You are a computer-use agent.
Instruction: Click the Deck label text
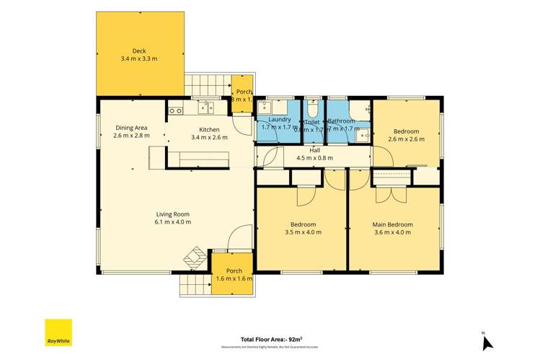(139, 51)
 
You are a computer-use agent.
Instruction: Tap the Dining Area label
(131, 128)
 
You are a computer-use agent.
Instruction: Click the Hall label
(314, 150)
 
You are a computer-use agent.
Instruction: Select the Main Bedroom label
(392, 224)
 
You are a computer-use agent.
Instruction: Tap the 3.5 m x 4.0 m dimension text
(303, 233)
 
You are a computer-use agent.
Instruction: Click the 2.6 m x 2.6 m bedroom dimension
(405, 139)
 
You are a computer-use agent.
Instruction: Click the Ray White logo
(58, 333)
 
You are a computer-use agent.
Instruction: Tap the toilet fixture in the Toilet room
(311, 110)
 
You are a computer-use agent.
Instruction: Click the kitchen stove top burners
(175, 110)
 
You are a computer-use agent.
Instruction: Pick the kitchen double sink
(207, 110)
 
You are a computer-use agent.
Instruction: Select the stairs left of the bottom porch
(193, 284)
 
